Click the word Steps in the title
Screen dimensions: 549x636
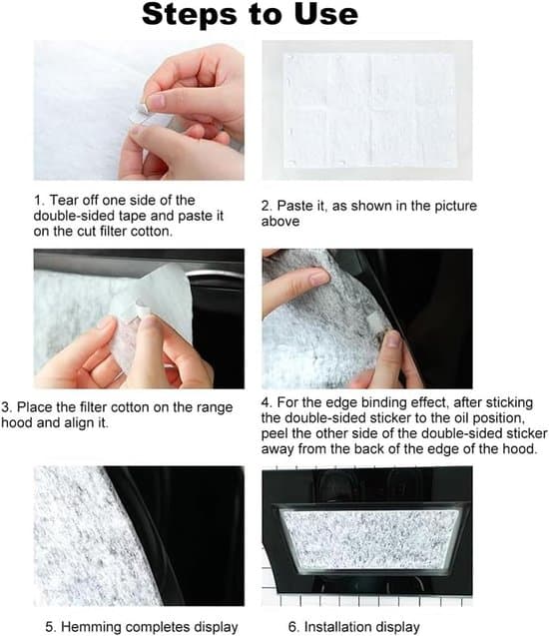click(x=189, y=15)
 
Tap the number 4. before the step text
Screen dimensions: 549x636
click(x=266, y=402)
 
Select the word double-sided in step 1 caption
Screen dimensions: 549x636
click(x=74, y=216)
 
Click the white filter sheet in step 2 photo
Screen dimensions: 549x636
click(x=369, y=110)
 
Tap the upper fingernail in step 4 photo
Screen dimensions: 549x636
click(x=319, y=279)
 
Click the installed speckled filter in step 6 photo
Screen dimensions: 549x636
click(x=369, y=539)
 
